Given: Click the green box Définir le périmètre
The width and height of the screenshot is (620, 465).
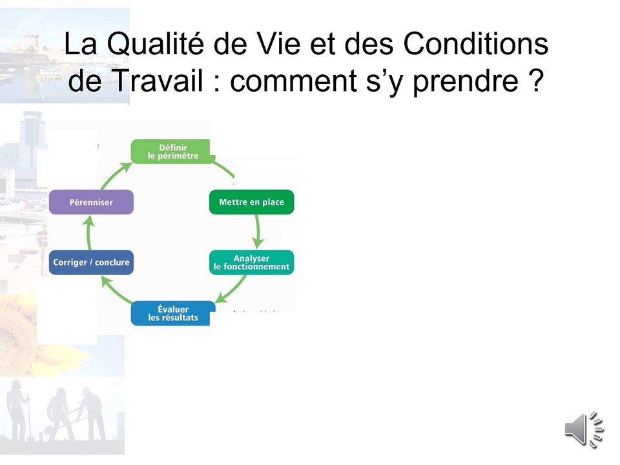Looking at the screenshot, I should [173, 151].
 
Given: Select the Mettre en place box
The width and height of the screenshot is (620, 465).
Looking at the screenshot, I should [251, 202].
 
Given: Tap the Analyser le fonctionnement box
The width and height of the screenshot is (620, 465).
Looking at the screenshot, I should [251, 262].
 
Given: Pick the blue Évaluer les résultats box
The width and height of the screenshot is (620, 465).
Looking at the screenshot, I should [173, 313].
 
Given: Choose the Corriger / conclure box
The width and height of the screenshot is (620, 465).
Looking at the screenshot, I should [91, 262].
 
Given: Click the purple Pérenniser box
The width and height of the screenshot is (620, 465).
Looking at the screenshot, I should [91, 202].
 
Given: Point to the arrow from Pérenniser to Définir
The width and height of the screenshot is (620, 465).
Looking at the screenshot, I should [111, 172].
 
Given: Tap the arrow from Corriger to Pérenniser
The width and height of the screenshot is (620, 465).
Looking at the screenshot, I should [90, 232].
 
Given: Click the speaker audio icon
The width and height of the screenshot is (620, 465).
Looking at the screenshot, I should [583, 429].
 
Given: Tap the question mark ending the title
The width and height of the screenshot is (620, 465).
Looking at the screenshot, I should [535, 81].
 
